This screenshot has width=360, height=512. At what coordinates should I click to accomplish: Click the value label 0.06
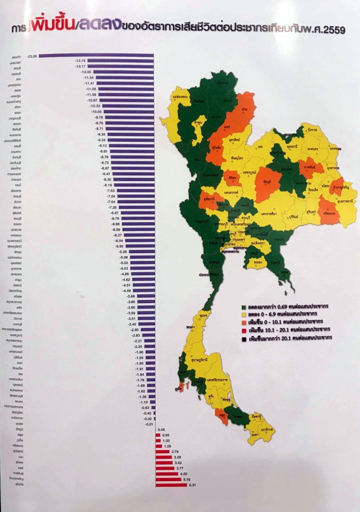click(161, 429)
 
